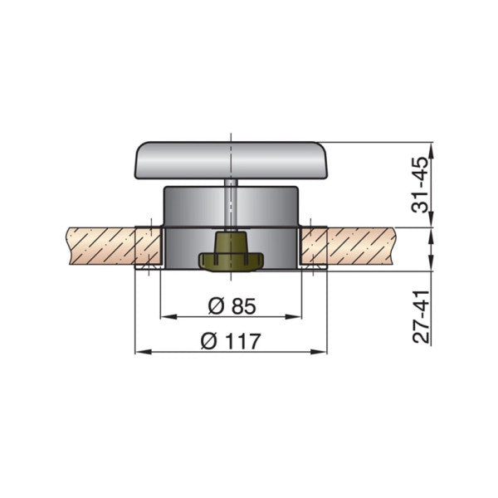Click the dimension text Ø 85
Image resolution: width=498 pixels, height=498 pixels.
[x=231, y=305]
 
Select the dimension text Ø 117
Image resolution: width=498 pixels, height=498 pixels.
[x=231, y=340]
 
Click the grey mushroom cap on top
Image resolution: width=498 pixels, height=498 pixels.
[x=231, y=159]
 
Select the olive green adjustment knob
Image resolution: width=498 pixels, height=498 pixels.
[x=230, y=252]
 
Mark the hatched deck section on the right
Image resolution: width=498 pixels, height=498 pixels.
[x=365, y=247]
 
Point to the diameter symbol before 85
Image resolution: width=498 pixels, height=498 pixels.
[x=213, y=305]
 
